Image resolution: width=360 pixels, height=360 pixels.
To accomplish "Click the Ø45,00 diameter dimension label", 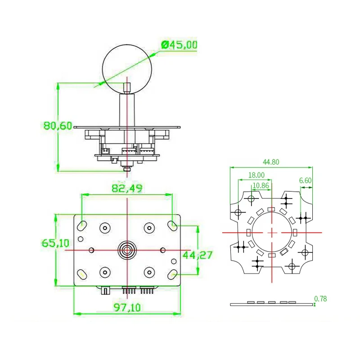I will (x=179, y=45).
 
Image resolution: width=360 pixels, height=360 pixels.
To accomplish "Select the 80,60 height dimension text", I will (x=58, y=126).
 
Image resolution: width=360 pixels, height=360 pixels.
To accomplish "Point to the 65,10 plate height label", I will (x=56, y=243).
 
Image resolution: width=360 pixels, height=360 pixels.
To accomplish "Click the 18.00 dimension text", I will (x=256, y=175).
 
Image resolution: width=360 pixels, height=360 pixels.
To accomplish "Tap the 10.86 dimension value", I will (x=261, y=185).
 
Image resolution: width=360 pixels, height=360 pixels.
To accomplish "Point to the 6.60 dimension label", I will (x=306, y=180).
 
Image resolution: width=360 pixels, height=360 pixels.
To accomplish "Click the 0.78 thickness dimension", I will (x=320, y=298).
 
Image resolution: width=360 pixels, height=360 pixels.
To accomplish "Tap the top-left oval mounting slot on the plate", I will (x=83, y=224).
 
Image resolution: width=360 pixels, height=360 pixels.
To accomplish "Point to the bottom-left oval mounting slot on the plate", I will (x=83, y=274).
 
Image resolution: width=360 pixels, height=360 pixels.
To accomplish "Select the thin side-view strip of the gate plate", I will (x=271, y=305).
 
